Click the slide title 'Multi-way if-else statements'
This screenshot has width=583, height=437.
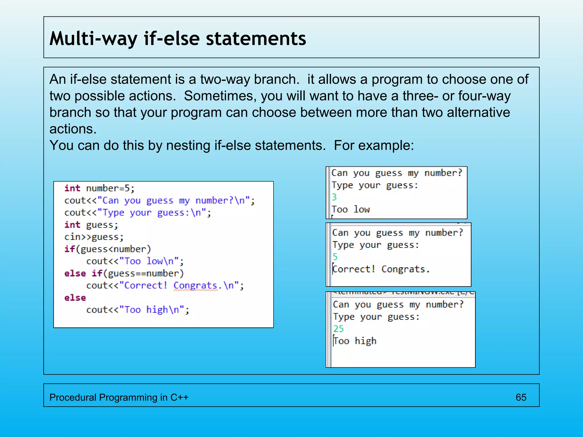[178, 38]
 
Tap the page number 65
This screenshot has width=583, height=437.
[521, 397]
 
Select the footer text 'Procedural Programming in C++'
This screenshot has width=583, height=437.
[119, 397]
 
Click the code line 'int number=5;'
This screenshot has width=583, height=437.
[99, 188]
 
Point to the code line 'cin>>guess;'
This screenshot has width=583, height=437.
[94, 237]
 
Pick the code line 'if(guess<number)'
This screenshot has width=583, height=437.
[108, 249]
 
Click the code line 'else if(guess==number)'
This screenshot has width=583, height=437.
[124, 273]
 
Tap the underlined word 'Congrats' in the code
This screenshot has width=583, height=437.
[196, 285]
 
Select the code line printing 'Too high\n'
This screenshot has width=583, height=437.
[138, 310]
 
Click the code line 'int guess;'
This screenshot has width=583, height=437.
[91, 225]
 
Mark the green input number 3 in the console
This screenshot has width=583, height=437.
[334, 197]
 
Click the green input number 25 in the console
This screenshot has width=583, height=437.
[338, 329]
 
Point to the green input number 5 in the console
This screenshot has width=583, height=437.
[335, 257]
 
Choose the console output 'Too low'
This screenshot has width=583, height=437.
[351, 209]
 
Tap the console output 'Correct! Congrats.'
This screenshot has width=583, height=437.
[381, 269]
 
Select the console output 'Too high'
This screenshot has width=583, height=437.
[355, 341]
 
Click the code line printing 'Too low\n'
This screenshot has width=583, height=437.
[135, 261]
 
